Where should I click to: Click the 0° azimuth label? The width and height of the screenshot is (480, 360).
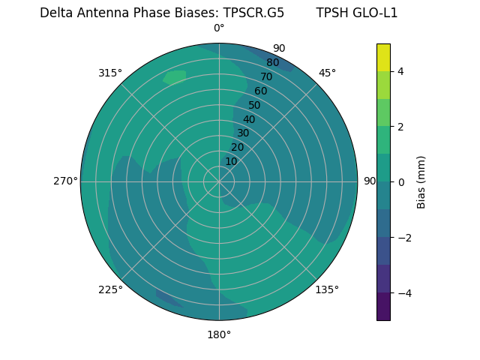point(219,28)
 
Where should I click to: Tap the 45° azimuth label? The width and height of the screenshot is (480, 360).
point(327,73)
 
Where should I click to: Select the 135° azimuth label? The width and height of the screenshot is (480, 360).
point(327,289)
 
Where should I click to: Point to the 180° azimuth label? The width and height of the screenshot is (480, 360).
point(219,334)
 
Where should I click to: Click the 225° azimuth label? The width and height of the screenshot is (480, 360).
point(110,289)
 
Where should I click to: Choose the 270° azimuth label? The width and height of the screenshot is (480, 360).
point(65,181)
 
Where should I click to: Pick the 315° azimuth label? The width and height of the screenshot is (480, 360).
point(110,73)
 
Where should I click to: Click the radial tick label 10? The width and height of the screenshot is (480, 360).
point(231,161)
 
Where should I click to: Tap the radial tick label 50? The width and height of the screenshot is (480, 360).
point(254,105)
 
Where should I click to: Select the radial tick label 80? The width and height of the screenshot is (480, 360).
point(273,63)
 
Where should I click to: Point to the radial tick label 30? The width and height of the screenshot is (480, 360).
point(243,133)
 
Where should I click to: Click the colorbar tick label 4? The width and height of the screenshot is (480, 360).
point(400,71)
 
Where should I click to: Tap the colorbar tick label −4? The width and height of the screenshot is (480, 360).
point(403,292)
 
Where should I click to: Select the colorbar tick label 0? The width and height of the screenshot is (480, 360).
point(400,182)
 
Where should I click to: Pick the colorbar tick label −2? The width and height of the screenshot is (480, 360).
point(403,238)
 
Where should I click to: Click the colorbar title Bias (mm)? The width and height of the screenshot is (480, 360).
point(421,182)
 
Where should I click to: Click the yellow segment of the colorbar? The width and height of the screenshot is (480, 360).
point(383,58)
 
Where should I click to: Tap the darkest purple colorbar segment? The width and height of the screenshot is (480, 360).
point(383,307)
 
